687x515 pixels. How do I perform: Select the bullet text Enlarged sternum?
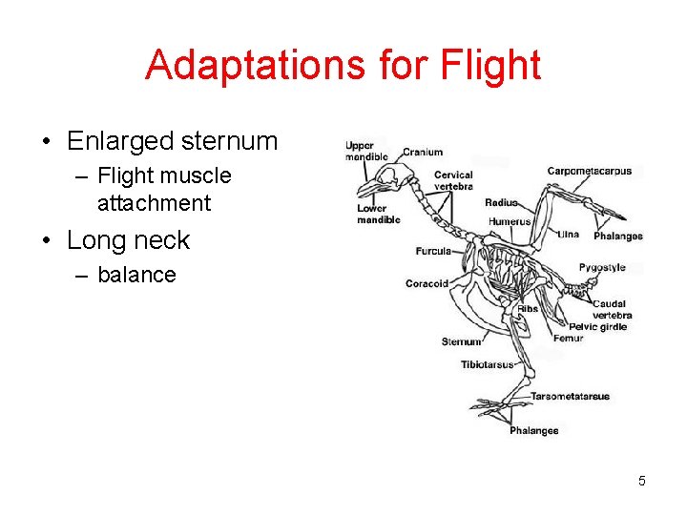pos(172,141)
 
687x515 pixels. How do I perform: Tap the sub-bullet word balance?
pos(136,275)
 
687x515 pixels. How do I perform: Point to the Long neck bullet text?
pos(128,240)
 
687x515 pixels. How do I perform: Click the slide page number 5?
pos(642,481)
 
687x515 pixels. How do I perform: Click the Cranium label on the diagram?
pos(423,152)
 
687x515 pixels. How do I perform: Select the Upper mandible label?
pos(365,151)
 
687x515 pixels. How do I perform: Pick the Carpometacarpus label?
pos(589,172)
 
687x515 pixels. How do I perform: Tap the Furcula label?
pos(433,252)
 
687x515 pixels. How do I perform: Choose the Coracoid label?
pos(427,283)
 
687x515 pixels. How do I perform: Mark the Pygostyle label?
pos(602,269)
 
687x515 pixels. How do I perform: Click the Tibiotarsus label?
pos(487,364)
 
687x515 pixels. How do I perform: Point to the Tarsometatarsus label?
pos(570,396)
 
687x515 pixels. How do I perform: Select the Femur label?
pos(568,338)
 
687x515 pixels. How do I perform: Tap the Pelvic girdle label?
pos(597,326)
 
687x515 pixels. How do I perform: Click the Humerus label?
pos(510,221)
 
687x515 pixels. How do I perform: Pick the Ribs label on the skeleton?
pos(528,308)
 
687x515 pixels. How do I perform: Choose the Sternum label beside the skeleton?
pos(462,341)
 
